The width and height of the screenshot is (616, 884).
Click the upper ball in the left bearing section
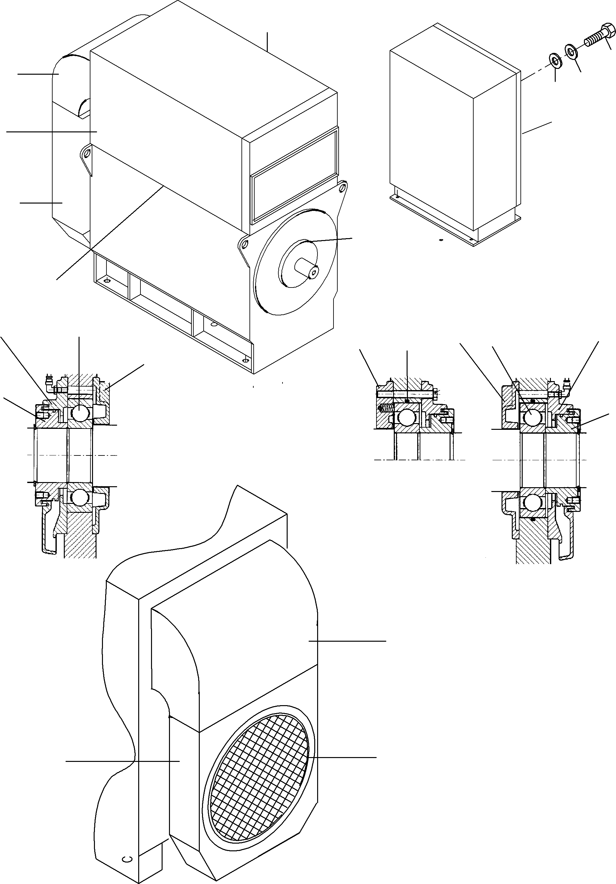tap(80, 413)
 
